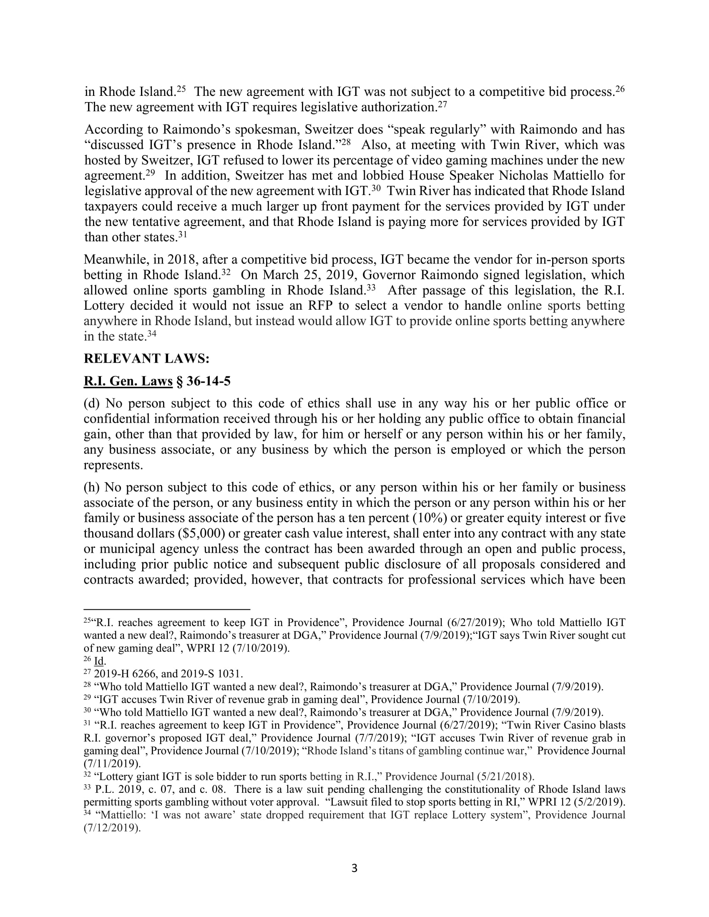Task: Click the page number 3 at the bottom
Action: [x=354, y=868]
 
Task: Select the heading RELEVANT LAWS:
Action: [x=146, y=358]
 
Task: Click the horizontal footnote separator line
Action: [x=167, y=609]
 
